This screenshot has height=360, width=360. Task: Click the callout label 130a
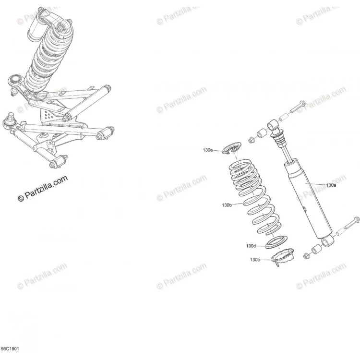tap(331, 185)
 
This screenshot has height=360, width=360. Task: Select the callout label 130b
tap(227, 205)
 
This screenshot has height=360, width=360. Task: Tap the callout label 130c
tap(255, 260)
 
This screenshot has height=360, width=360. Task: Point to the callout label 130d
tap(251, 246)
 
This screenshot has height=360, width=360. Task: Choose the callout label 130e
tap(207, 150)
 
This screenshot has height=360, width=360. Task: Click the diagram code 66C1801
tap(10, 349)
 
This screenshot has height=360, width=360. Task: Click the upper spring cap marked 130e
tap(232, 149)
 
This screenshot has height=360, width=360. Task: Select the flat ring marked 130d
tap(276, 242)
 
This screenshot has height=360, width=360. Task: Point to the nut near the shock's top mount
tap(252, 140)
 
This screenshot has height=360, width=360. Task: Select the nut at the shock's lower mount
tap(306, 255)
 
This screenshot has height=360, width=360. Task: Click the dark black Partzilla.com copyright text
tap(43, 188)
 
